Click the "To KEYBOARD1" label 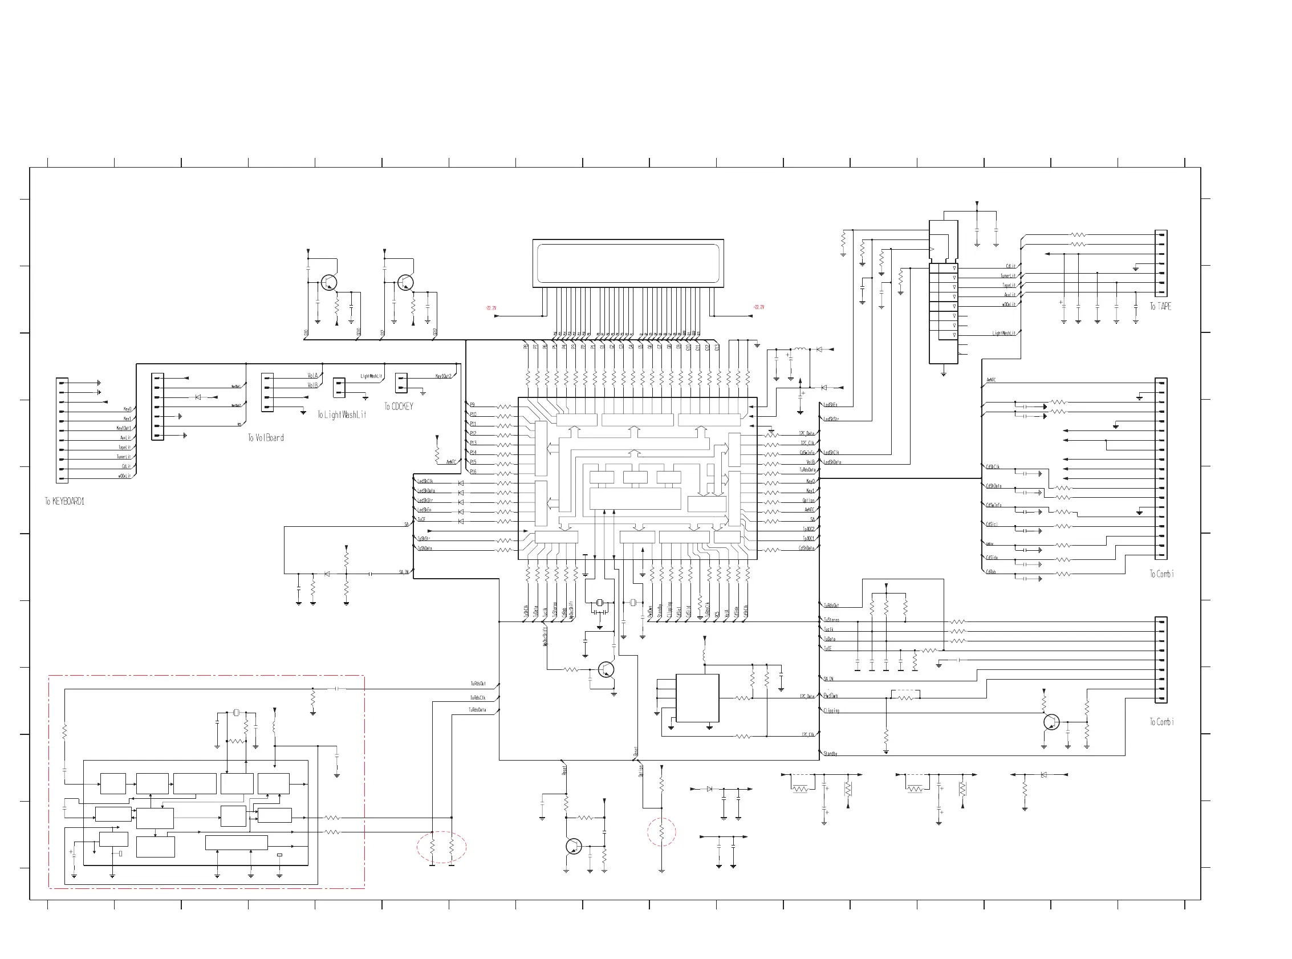65,501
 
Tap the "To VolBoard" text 266,438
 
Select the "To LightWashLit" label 342,415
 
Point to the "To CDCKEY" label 399,407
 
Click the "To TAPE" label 1160,306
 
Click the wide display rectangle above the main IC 628,263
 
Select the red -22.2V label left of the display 491,308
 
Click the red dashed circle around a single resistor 661,832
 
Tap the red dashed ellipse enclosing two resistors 441,847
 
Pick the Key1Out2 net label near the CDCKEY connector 444,376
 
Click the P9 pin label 473,405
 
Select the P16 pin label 473,472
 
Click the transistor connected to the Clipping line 1051,722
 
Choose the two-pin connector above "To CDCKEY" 401,383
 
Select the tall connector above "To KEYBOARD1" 62,430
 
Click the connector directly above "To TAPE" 1161,263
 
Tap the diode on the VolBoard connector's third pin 198,397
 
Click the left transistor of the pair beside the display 329,283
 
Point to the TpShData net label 425,548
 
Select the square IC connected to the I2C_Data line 697,698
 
